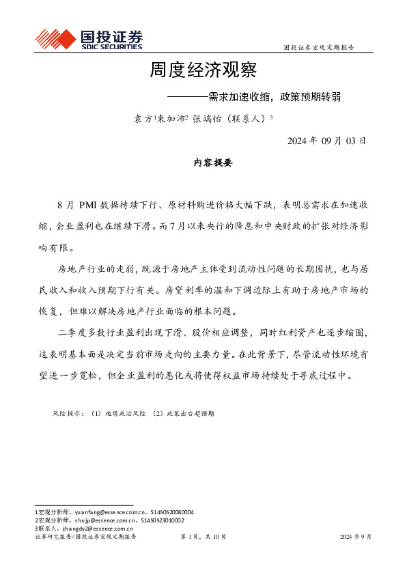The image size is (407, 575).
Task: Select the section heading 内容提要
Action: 213,163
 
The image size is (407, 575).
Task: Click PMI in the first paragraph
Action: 91,205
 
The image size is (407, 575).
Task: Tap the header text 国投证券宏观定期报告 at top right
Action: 318,48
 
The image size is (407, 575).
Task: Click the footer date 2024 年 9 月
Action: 356,537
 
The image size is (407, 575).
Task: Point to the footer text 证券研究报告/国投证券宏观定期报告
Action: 85,537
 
